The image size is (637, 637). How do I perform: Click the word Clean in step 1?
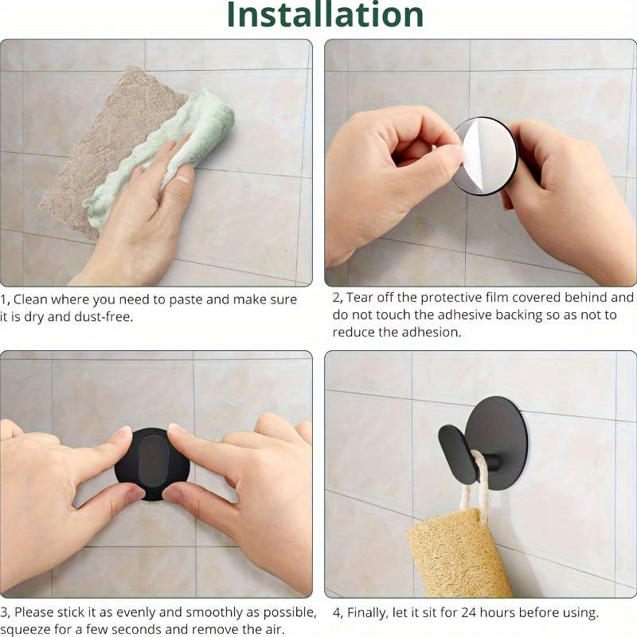(x=33, y=299)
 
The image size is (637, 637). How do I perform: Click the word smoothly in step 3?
(x=201, y=613)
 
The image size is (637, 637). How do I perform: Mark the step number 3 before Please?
(x=5, y=613)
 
